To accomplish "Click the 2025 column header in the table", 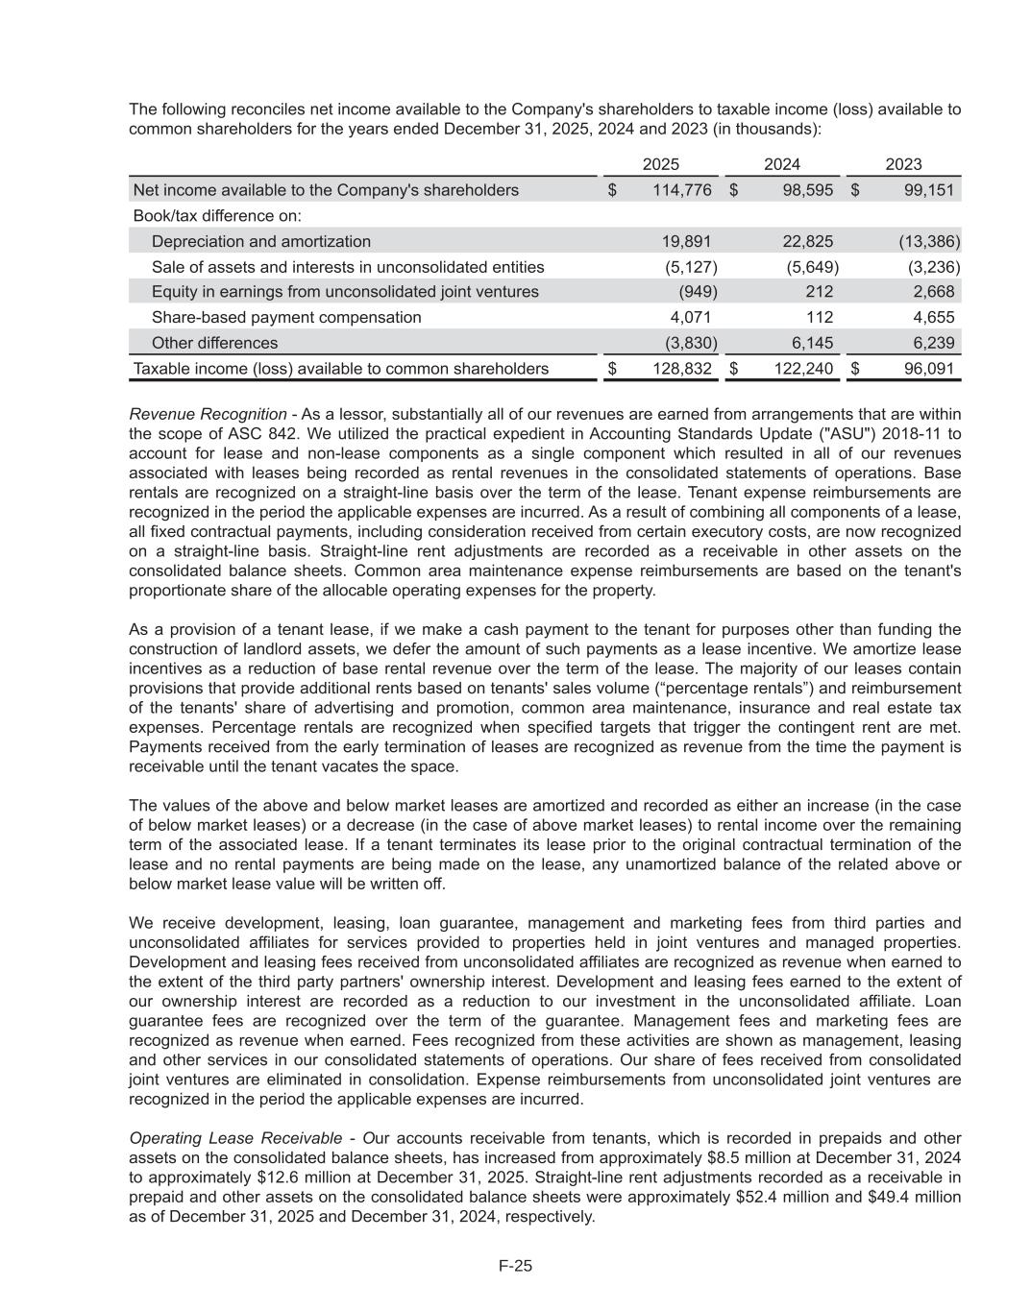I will [x=660, y=165].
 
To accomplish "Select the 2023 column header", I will [x=903, y=165].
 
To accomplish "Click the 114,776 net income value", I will [x=681, y=190].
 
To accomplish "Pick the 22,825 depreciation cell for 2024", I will [x=807, y=241].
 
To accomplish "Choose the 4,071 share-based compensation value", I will [x=690, y=317].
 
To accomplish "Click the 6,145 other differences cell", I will [x=811, y=343].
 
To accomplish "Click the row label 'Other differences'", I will [x=214, y=343].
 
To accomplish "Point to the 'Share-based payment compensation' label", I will [x=286, y=317].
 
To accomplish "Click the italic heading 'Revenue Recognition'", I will [x=208, y=414].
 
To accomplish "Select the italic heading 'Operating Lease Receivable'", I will [x=230, y=1138].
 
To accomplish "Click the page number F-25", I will [x=515, y=1266].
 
